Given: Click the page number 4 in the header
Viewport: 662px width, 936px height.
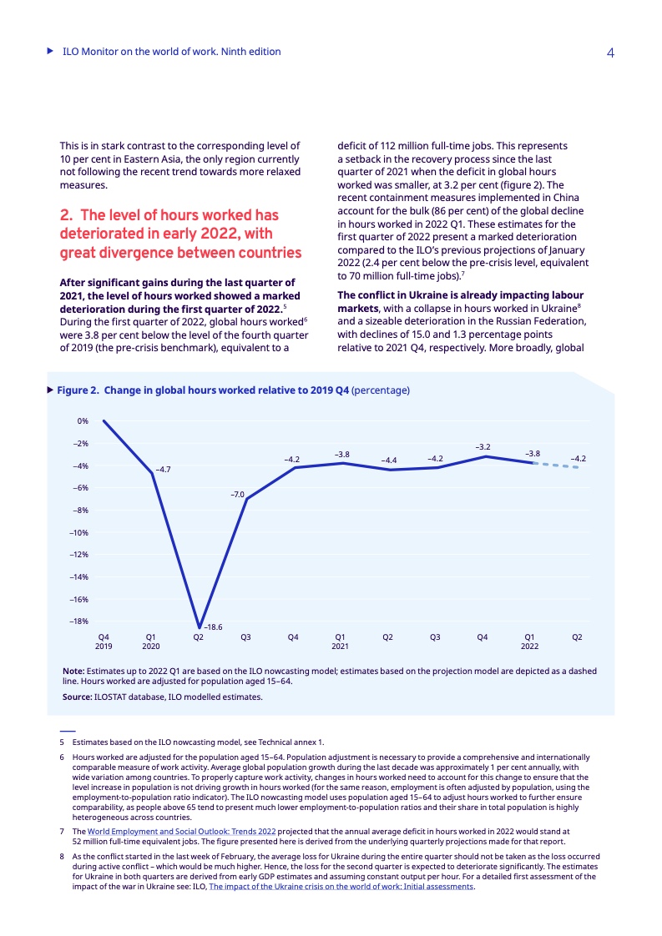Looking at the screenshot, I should click(x=610, y=53).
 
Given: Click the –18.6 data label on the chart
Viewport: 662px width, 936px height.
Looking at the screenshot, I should click(x=214, y=626).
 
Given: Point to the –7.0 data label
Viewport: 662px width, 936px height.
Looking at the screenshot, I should click(x=237, y=495).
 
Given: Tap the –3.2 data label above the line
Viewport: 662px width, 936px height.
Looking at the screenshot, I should click(x=483, y=447).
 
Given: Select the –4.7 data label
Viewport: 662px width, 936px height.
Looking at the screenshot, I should click(x=163, y=470).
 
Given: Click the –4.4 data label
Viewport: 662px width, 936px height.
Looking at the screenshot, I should click(x=388, y=460).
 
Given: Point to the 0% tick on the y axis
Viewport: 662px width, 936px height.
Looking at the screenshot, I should click(x=83, y=421).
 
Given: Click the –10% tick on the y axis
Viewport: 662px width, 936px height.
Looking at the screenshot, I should click(x=79, y=532).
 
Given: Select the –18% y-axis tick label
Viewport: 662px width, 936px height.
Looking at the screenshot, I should click(x=79, y=621).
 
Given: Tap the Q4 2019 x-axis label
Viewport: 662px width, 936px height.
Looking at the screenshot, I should click(x=104, y=642).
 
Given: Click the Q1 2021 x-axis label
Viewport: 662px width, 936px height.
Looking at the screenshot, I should click(x=341, y=642).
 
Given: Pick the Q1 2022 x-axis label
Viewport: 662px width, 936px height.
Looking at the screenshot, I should click(x=529, y=642).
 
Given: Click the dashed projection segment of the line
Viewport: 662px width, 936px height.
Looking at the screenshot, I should click(x=555, y=465).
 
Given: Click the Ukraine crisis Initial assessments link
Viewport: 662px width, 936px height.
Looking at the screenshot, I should click(x=341, y=887).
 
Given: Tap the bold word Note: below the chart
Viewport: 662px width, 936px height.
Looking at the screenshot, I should click(x=73, y=671).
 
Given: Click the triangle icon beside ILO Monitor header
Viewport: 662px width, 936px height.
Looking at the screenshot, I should click(x=50, y=52).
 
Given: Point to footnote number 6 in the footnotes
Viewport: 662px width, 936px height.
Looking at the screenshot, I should click(x=61, y=757).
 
